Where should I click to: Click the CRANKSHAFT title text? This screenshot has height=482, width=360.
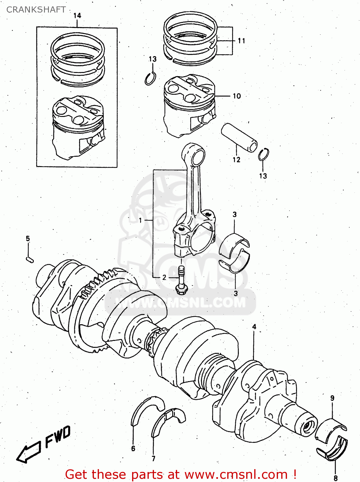[36, 10]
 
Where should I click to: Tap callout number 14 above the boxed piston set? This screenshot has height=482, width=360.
[77, 15]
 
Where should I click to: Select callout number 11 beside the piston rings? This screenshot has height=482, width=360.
[241, 41]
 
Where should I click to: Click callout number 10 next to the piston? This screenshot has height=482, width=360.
[237, 96]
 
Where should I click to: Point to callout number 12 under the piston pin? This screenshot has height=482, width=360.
[236, 160]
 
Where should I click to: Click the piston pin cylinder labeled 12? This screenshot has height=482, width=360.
[239, 137]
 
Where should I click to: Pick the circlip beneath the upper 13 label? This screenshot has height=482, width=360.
[150, 79]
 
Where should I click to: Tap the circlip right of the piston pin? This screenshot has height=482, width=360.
[263, 155]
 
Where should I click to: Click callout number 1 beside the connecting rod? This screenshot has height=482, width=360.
[140, 220]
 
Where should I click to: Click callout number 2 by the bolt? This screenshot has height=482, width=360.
[164, 277]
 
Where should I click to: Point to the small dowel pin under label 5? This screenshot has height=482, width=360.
[30, 259]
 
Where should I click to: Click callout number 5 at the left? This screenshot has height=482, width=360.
[28, 238]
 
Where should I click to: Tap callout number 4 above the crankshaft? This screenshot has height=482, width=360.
[254, 327]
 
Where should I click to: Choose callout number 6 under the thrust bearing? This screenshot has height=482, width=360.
[133, 449]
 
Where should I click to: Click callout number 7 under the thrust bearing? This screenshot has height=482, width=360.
[153, 459]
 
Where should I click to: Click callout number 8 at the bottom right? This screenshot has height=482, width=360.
[335, 478]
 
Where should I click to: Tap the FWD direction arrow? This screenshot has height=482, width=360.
[29, 453]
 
